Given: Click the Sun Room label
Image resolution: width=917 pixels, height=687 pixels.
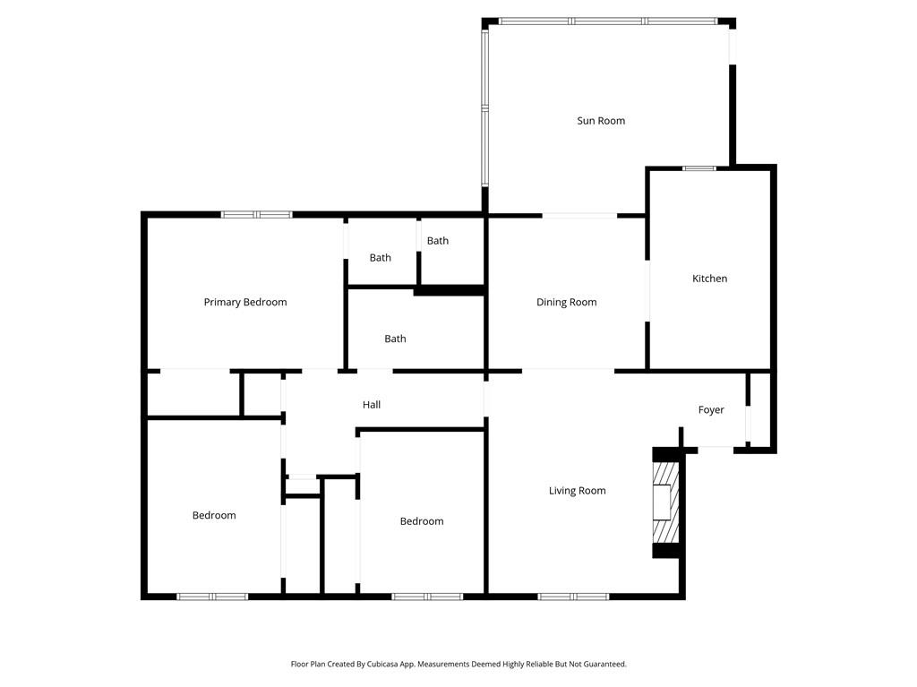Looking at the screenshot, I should pyautogui.click(x=601, y=121).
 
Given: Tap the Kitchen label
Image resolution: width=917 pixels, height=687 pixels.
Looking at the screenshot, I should pyautogui.click(x=709, y=279).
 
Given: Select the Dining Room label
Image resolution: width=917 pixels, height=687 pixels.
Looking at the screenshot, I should pyautogui.click(x=566, y=303).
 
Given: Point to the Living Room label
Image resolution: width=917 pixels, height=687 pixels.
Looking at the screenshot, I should pyautogui.click(x=577, y=491).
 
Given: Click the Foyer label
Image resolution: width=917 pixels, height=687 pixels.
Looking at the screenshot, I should pyautogui.click(x=711, y=410).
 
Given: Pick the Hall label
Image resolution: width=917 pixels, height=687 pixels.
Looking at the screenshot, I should pyautogui.click(x=372, y=405).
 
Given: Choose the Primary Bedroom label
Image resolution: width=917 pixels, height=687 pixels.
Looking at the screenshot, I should pyautogui.click(x=245, y=303).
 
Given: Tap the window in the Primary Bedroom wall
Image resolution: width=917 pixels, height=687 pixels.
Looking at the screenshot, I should pyautogui.click(x=257, y=215).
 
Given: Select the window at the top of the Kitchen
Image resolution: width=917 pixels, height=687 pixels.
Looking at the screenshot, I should pyautogui.click(x=699, y=168).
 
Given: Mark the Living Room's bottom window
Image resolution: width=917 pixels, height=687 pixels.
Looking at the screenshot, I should pyautogui.click(x=573, y=597).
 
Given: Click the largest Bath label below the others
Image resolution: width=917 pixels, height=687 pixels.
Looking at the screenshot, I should pyautogui.click(x=395, y=339).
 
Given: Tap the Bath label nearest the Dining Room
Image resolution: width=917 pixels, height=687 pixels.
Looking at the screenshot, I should pyautogui.click(x=437, y=241).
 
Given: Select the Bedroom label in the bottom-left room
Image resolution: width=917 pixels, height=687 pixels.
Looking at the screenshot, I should pyautogui.click(x=214, y=515).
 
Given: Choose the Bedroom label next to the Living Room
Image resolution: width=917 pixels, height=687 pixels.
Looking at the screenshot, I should pyautogui.click(x=421, y=521).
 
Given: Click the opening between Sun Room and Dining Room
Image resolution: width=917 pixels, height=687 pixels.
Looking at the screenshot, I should pyautogui.click(x=579, y=216).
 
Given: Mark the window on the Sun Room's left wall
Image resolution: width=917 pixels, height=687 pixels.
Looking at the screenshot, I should pyautogui.click(x=484, y=107).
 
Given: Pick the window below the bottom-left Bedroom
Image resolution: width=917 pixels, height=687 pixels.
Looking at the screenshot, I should pyautogui.click(x=212, y=597).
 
